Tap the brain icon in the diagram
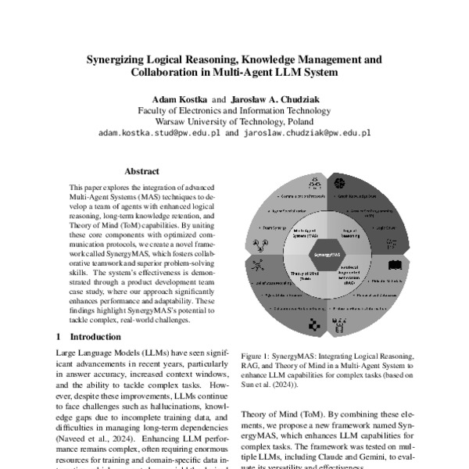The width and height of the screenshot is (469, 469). pyautogui.click(x=341, y=183)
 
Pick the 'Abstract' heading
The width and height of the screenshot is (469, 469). pyautogui.click(x=141, y=171)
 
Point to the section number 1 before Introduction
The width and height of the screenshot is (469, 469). pyautogui.click(x=60, y=337)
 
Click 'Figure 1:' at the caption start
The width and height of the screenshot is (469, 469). pyautogui.click(x=258, y=354)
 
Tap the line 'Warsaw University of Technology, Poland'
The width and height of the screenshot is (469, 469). pyautogui.click(x=234, y=122)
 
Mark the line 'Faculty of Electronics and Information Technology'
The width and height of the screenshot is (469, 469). pyautogui.click(x=234, y=111)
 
